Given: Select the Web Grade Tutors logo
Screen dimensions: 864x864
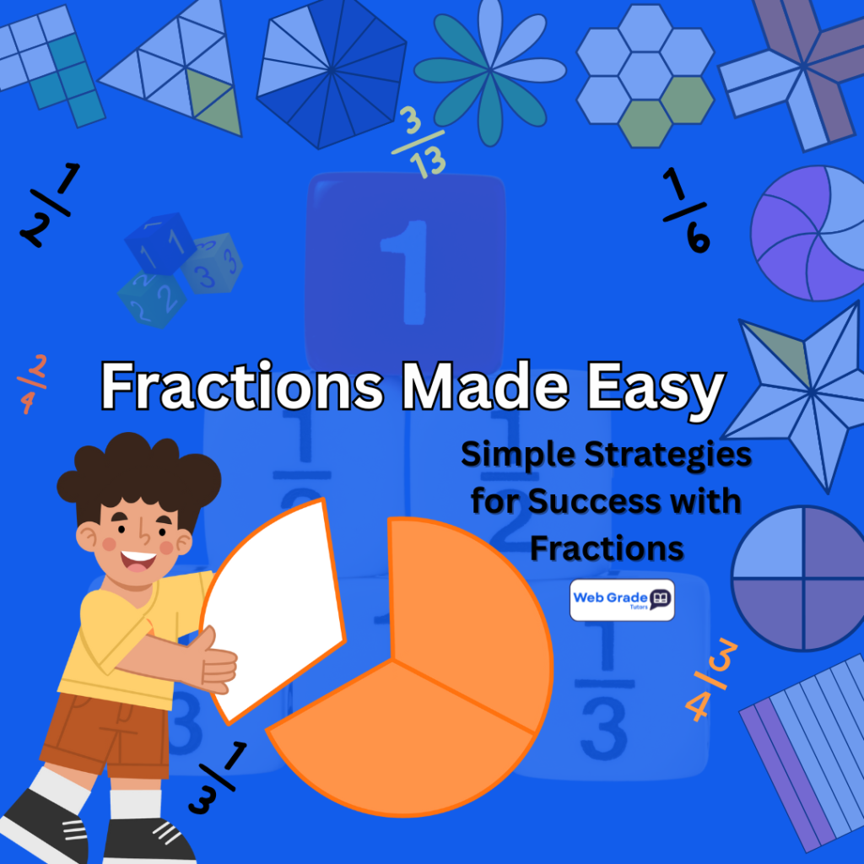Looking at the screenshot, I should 622,600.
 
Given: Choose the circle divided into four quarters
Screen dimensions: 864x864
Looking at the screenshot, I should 796,578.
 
